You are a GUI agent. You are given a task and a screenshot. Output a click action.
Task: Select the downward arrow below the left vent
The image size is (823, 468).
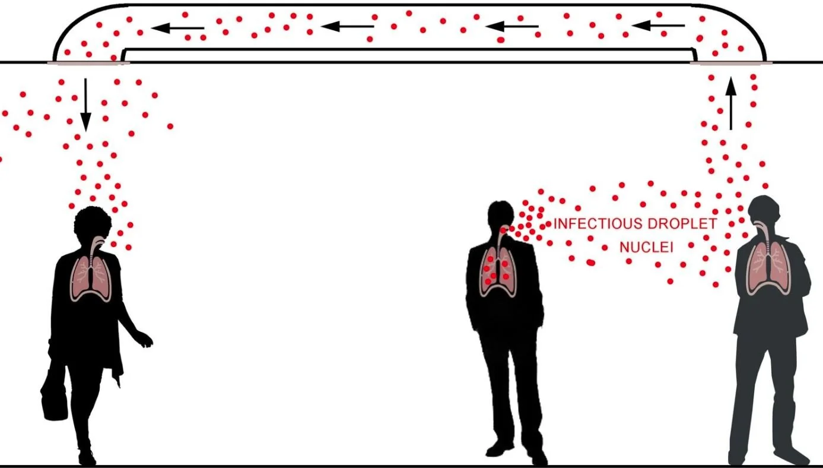click(86, 105)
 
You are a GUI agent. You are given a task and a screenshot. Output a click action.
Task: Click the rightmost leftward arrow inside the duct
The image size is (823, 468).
click(658, 26)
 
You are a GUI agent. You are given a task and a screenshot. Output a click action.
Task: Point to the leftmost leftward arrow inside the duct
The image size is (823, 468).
click(178, 27)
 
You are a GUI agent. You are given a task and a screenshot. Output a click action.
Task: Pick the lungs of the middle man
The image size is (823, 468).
click(497, 271)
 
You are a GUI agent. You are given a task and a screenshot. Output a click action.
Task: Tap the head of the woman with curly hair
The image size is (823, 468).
click(93, 223)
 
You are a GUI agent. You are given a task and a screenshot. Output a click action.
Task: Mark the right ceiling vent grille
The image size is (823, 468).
click(731, 62)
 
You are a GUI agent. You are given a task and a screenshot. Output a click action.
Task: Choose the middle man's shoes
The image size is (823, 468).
click(513, 452)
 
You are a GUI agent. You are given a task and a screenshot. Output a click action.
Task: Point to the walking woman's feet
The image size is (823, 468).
click(87, 456)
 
